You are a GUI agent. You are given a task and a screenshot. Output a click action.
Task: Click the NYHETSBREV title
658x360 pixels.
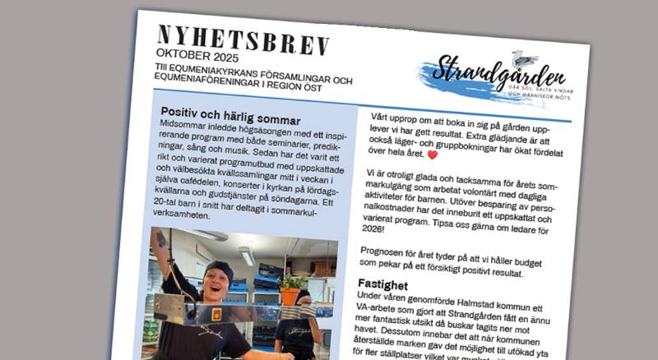pos(243,40)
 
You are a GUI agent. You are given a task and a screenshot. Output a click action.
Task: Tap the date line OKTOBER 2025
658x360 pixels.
pos(197,58)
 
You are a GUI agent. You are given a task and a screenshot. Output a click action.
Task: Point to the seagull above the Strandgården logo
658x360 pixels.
pos(523,58)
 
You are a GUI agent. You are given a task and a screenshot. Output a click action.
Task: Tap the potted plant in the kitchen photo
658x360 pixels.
pos(290,290)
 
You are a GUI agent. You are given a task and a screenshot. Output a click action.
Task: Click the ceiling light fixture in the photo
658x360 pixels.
pos(246,256)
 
